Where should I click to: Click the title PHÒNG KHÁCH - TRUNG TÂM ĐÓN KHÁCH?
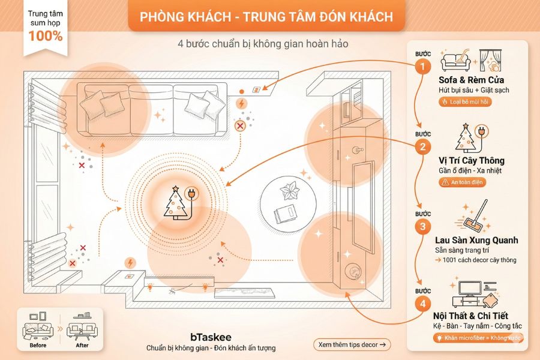point(266,17)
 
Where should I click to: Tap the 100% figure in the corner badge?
point(45,35)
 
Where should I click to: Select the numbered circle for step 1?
point(424,66)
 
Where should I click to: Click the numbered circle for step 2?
point(424,146)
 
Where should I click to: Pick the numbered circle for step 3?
point(424,226)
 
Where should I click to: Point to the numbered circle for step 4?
point(424,304)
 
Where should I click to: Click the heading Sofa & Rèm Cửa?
point(471,80)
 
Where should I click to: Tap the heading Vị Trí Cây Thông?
point(471,161)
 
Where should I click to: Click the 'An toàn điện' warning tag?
point(463,182)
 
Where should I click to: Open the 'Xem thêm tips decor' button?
point(352,344)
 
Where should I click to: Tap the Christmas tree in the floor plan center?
point(176,202)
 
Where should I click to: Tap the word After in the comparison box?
point(82,345)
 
